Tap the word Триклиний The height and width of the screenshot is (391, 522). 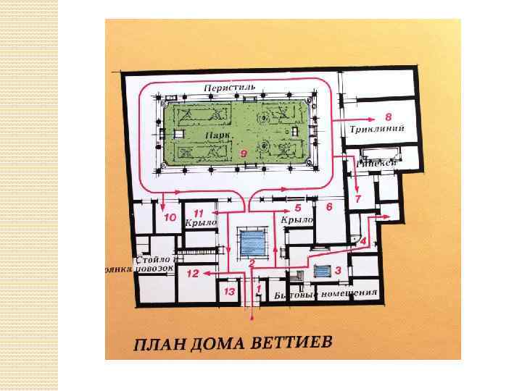pos(375,129)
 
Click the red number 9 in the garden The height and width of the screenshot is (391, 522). pos(244,154)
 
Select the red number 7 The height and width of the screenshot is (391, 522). pos(357,199)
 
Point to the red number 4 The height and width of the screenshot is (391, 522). pos(363,240)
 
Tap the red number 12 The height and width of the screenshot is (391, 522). pos(192,274)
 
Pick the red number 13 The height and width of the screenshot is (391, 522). pos(229,292)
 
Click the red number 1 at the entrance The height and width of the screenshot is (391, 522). pos(260,289)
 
